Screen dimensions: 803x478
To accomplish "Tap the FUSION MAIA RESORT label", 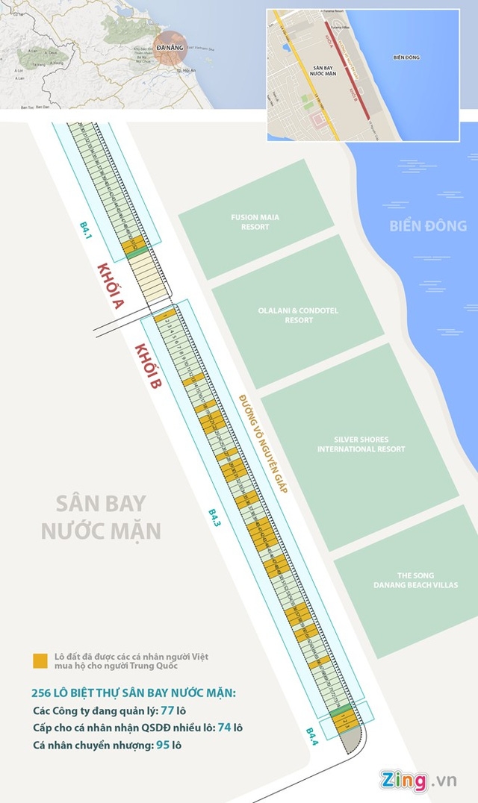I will tap(255, 222).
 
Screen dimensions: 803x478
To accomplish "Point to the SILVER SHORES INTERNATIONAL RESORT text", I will tap(361, 444).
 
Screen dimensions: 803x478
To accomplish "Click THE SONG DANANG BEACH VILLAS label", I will tap(415, 580).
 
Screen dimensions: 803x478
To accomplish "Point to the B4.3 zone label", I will tap(214, 518).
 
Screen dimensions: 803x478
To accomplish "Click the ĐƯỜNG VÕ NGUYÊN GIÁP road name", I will tap(264, 440).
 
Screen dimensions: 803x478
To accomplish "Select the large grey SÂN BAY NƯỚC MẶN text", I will tap(102, 516).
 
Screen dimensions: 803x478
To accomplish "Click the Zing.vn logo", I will tap(418, 780).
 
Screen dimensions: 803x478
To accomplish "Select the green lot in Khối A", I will tap(133, 254).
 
